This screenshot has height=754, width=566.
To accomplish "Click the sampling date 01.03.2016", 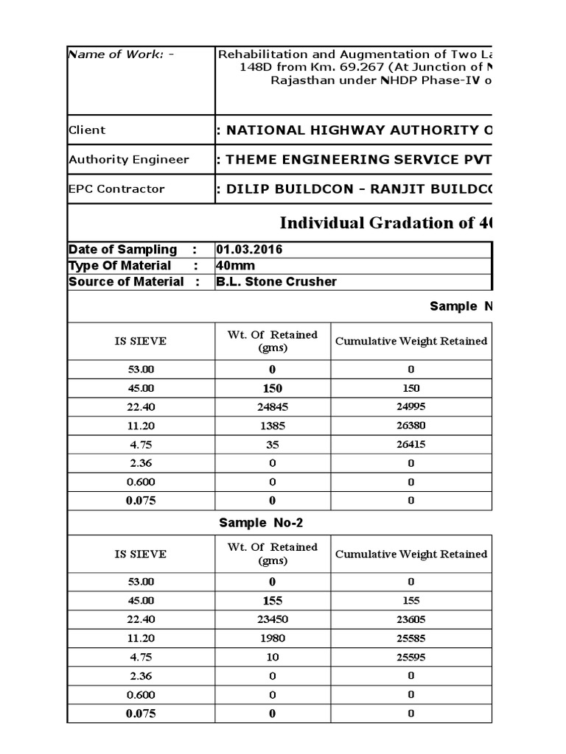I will (x=249, y=250).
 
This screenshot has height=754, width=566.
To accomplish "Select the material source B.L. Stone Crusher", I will (x=276, y=282).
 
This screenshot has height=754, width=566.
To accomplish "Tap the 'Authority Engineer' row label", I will (x=128, y=160).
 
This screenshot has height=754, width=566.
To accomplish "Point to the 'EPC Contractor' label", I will (x=116, y=189).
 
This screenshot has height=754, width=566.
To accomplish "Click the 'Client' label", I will (x=87, y=130).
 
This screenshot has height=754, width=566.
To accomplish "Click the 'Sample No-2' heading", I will (x=261, y=523).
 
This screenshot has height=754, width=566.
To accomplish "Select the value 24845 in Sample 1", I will (x=272, y=407).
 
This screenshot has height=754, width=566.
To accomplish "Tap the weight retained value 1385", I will (x=272, y=426).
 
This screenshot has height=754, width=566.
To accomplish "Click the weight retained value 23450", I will (x=272, y=620).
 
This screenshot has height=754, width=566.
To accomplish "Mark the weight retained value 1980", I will (x=272, y=638).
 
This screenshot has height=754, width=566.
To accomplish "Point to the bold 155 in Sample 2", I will (x=272, y=601).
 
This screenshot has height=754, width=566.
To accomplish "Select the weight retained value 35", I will (x=272, y=445).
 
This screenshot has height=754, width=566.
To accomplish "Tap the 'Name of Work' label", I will (x=121, y=54).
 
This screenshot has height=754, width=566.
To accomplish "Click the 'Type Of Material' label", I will (x=119, y=266).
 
